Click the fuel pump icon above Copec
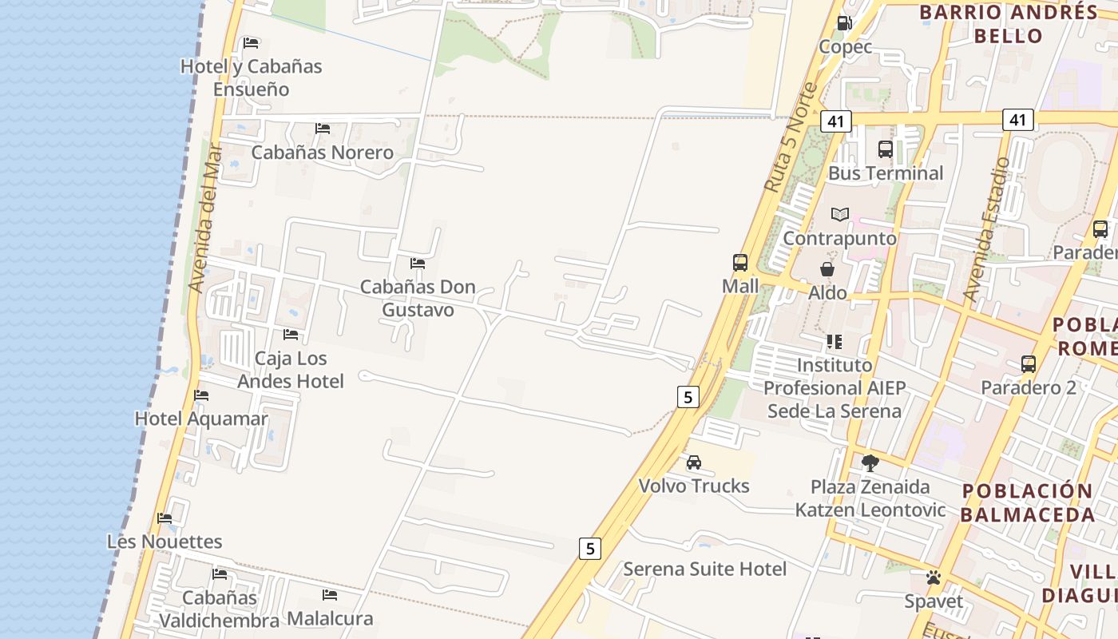pyautogui.click(x=844, y=23)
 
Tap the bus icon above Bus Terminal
pyautogui.click(x=885, y=149)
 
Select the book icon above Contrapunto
pyautogui.click(x=839, y=214)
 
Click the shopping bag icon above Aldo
pyautogui.click(x=827, y=269)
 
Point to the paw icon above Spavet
pyautogui.click(x=934, y=577)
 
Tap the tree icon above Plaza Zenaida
pyautogui.click(x=870, y=462)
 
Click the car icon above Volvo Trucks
pyautogui.click(x=694, y=462)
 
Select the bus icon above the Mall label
pyautogui.click(x=740, y=262)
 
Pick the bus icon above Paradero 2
pyautogui.click(x=1029, y=364)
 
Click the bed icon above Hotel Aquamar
pyautogui.click(x=201, y=395)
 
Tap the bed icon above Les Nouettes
pyautogui.click(x=165, y=518)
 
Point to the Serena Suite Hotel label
pyautogui.click(x=704, y=569)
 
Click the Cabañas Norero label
pyautogui.click(x=323, y=152)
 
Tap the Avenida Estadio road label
pyautogui.click(x=986, y=229)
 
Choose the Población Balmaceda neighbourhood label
pyautogui.click(x=1027, y=502)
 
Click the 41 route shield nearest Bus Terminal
pyautogui.click(x=835, y=121)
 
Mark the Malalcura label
pyautogui.click(x=330, y=618)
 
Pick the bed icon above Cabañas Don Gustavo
pyautogui.click(x=418, y=263)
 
